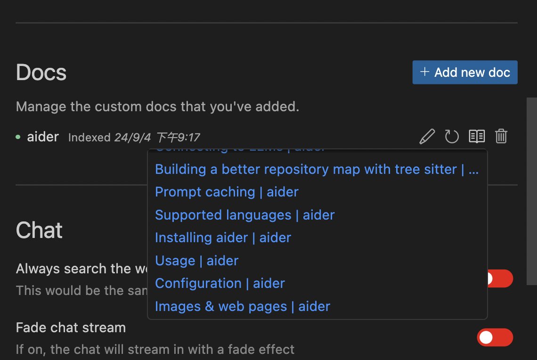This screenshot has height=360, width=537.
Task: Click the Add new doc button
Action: pyautogui.click(x=465, y=73)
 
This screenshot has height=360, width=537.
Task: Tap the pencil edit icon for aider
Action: pyautogui.click(x=427, y=137)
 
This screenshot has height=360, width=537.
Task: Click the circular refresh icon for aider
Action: pyautogui.click(x=452, y=137)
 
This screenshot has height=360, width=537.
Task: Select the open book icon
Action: pyautogui.click(x=477, y=137)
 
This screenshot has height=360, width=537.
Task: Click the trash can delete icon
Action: pyautogui.click(x=501, y=137)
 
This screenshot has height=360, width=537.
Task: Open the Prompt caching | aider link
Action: pyautogui.click(x=227, y=192)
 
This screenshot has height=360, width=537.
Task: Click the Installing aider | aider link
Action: pyautogui.click(x=223, y=238)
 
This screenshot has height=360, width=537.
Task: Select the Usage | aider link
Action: pyautogui.click(x=196, y=261)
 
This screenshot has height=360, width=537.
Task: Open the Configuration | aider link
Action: pyautogui.click(x=220, y=284)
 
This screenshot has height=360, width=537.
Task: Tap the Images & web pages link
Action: pyautogui.click(x=242, y=307)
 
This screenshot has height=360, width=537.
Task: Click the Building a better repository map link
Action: pyautogui.click(x=306, y=170)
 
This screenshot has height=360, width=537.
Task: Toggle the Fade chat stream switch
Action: pyautogui.click(x=495, y=337)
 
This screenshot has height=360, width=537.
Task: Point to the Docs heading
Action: pyautogui.click(x=41, y=73)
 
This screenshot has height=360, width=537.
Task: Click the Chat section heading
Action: pyautogui.click(x=39, y=230)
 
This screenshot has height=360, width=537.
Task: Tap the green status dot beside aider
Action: pyautogui.click(x=18, y=137)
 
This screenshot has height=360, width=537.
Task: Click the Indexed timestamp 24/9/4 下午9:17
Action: pyautogui.click(x=134, y=138)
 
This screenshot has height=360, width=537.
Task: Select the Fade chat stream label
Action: pyautogui.click(x=71, y=327)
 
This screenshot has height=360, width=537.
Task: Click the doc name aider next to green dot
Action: pyautogui.click(x=43, y=137)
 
